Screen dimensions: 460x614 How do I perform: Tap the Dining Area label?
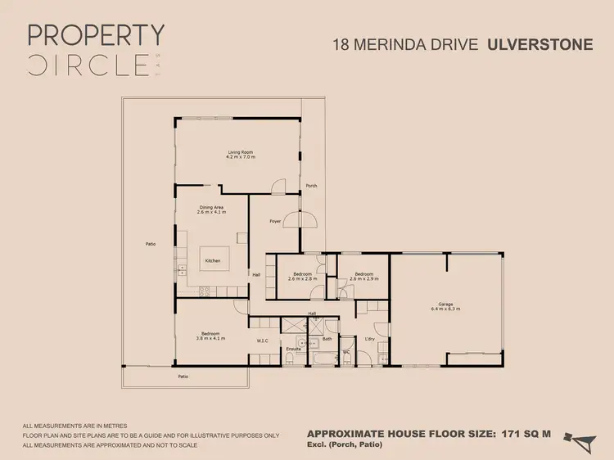(212, 208)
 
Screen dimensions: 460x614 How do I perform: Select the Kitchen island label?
(212, 261)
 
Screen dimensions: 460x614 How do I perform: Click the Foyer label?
(276, 221)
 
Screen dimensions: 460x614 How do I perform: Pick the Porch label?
(311, 186)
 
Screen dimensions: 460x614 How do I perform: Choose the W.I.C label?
(263, 340)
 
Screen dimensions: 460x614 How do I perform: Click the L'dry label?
(369, 339)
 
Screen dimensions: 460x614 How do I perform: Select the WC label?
(346, 351)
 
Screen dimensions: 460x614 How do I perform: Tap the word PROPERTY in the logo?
(96, 34)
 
